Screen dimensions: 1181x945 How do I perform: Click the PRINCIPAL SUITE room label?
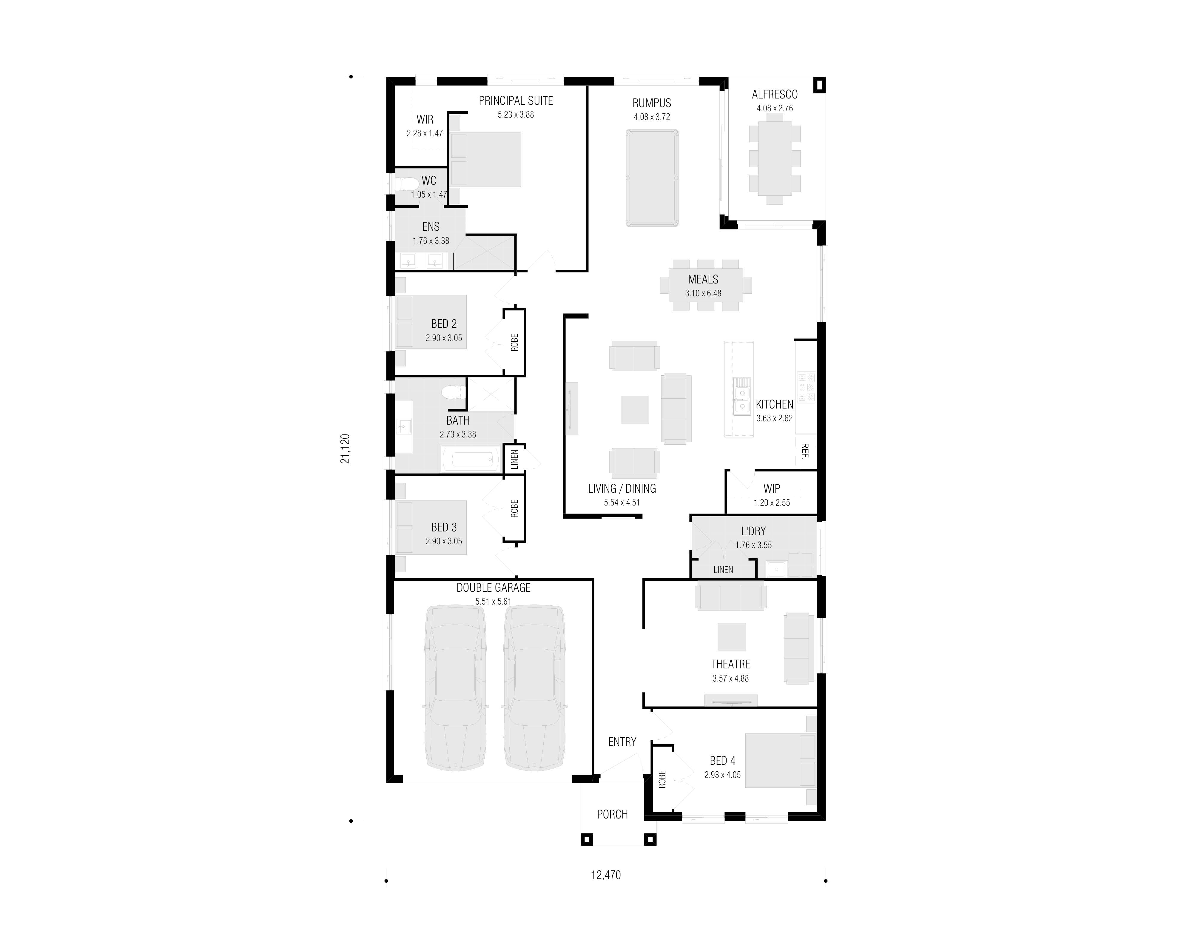coord(515,101)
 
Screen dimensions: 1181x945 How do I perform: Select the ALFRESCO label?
coord(775,94)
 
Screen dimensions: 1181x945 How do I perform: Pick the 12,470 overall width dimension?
coord(606,875)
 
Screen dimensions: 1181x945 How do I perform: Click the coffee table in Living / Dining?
coord(634,409)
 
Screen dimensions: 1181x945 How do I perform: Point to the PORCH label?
coord(612,815)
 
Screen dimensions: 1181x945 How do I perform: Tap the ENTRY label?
coord(622,742)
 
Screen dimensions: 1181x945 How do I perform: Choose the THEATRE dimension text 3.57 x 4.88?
coord(730,678)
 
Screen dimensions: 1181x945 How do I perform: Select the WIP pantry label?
coord(772,489)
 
